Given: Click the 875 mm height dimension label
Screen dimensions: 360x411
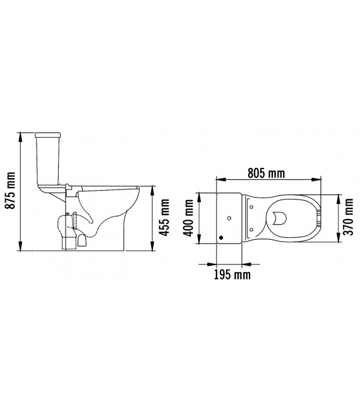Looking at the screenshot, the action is click(x=11, y=191).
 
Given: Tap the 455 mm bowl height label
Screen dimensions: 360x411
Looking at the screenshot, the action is click(x=165, y=217).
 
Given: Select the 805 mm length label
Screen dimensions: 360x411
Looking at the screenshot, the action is click(x=266, y=173).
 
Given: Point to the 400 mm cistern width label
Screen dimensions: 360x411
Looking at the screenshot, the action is click(x=188, y=218).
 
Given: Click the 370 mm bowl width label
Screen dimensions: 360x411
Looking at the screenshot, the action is click(x=349, y=217).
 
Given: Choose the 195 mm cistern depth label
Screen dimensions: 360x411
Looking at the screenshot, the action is click(x=232, y=275).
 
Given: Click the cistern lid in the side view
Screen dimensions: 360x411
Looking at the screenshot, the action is click(x=48, y=135).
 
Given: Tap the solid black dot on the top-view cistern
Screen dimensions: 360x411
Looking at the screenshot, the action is click(x=221, y=238).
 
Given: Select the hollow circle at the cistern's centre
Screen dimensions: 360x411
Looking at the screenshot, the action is click(x=229, y=218).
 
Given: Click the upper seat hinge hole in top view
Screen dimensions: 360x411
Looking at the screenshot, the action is click(x=251, y=207).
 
